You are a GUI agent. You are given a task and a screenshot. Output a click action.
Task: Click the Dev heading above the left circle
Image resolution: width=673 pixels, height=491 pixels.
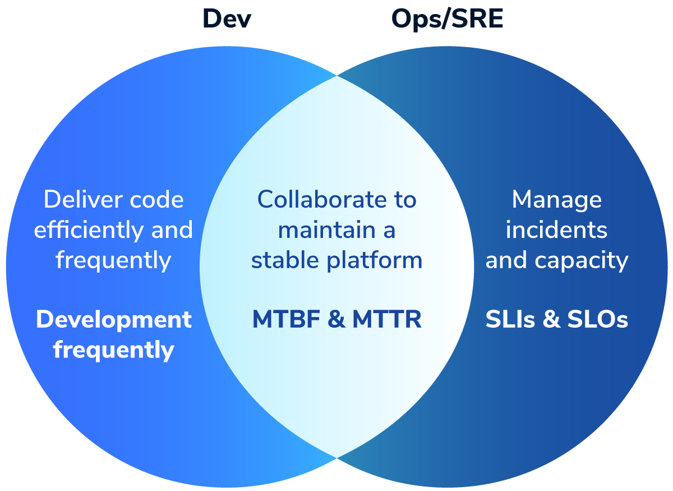point(227,19)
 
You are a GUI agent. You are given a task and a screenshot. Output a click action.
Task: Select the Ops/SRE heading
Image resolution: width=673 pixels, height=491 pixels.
point(447,19)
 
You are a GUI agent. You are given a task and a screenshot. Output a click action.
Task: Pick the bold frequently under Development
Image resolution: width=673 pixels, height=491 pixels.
point(113,350)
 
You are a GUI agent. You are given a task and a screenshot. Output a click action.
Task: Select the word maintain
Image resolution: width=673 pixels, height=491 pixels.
point(326,230)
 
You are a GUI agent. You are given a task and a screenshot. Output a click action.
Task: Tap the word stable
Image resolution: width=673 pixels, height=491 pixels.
point(285,260)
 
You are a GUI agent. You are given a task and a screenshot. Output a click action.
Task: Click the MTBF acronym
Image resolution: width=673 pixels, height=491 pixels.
point(287,319)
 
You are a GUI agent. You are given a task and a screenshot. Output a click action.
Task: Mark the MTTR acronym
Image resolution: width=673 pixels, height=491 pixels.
point(387,319)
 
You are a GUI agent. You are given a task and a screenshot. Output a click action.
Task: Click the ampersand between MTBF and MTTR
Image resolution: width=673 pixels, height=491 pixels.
point(336,319)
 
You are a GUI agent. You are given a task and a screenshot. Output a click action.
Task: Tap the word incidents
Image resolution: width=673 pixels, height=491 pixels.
point(556,230)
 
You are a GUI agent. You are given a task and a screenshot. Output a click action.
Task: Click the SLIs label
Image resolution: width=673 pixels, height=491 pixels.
point(510,319)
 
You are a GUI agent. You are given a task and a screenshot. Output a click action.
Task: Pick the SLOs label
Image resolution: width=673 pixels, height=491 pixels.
point(598,319)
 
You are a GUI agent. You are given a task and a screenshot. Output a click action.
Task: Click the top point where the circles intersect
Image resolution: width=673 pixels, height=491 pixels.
point(336,76)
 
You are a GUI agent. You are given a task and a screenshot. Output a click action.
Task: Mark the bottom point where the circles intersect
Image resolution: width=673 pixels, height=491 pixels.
point(336,458)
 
